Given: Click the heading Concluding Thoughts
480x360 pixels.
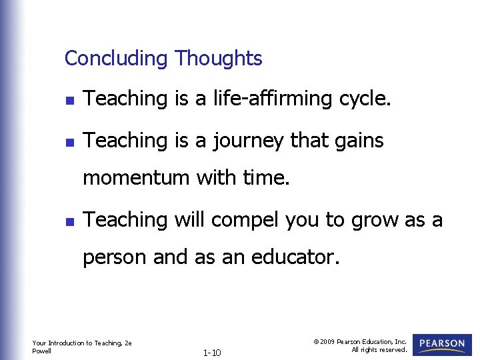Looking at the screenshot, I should (x=163, y=59).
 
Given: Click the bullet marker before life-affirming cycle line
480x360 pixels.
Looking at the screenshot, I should (x=68, y=101).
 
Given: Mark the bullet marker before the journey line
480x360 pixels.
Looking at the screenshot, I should (x=68, y=142).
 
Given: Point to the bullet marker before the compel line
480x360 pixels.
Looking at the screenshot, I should (x=68, y=221).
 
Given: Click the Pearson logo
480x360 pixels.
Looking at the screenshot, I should (x=442, y=345).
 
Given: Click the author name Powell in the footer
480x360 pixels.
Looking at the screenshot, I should (x=41, y=351).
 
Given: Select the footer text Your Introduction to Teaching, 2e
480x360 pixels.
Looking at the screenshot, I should (x=81, y=343).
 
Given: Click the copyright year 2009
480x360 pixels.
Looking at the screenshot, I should (x=328, y=341).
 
